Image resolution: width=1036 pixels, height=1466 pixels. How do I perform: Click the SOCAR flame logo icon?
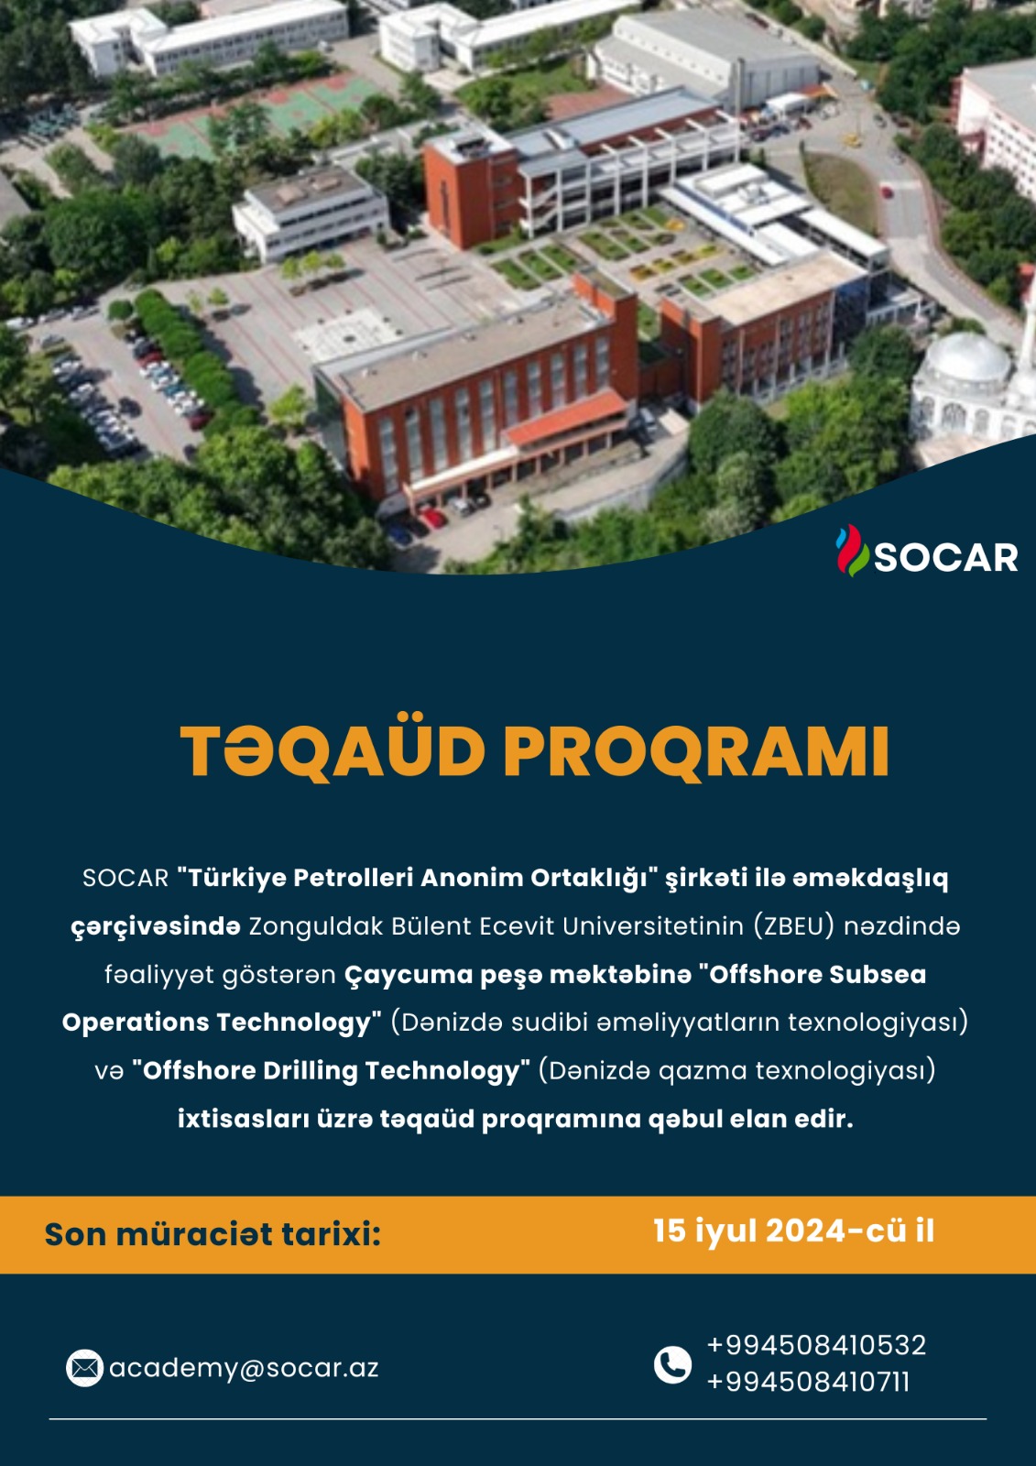click(852, 551)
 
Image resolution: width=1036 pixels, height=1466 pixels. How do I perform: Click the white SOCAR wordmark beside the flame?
click(945, 558)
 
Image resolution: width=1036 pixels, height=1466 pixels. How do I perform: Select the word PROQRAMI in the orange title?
click(695, 753)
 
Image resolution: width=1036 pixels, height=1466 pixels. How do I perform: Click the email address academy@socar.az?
click(244, 1368)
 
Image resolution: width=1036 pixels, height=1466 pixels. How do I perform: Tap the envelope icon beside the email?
click(84, 1368)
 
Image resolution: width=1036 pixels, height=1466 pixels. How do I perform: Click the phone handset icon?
click(672, 1365)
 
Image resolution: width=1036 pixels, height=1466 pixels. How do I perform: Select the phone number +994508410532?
click(817, 1346)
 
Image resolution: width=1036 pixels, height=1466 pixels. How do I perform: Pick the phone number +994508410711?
click(808, 1383)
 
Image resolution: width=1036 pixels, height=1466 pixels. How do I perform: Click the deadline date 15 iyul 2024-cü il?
click(793, 1231)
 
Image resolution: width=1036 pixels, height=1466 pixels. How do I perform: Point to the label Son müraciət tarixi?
click(213, 1234)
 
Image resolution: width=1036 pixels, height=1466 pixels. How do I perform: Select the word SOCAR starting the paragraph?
click(125, 879)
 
